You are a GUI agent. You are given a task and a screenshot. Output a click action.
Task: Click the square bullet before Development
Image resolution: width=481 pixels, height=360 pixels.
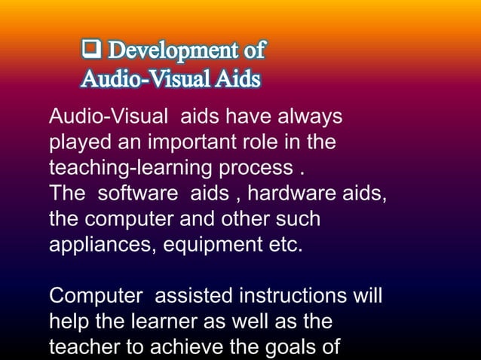[93, 50]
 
